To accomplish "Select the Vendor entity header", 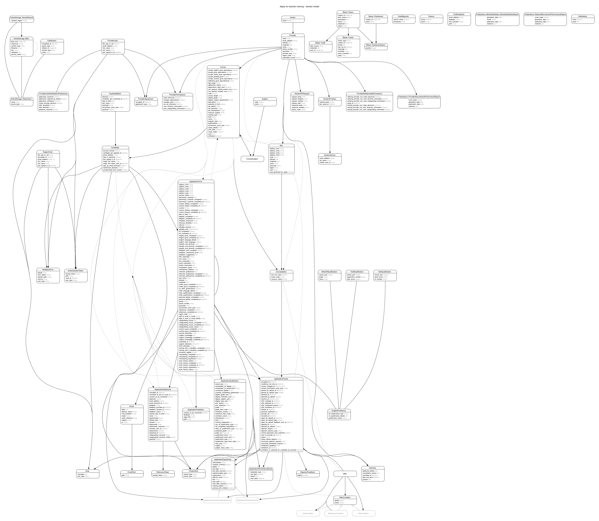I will (293, 17).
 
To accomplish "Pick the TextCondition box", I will (308, 513).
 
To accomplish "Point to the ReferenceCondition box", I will (336, 513).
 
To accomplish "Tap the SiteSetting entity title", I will (583, 16).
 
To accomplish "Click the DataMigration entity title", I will (403, 16).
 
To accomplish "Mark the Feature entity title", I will (431, 16).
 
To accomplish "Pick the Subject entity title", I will (265, 99).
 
